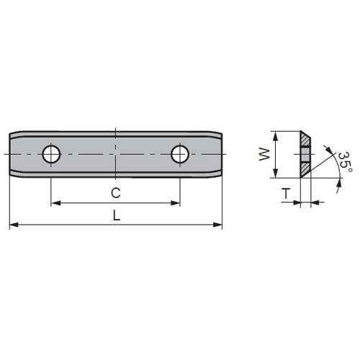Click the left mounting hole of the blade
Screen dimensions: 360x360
point(51,154)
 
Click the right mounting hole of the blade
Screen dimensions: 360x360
point(180,154)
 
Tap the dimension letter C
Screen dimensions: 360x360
point(116,193)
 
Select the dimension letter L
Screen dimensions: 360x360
point(117,215)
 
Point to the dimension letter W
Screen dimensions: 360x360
point(264,154)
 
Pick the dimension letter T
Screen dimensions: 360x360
point(286,194)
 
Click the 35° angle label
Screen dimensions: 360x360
point(346,162)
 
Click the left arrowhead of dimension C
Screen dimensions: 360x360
point(55,203)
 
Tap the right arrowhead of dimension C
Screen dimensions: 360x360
point(175,203)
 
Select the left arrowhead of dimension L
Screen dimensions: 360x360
point(14,225)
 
